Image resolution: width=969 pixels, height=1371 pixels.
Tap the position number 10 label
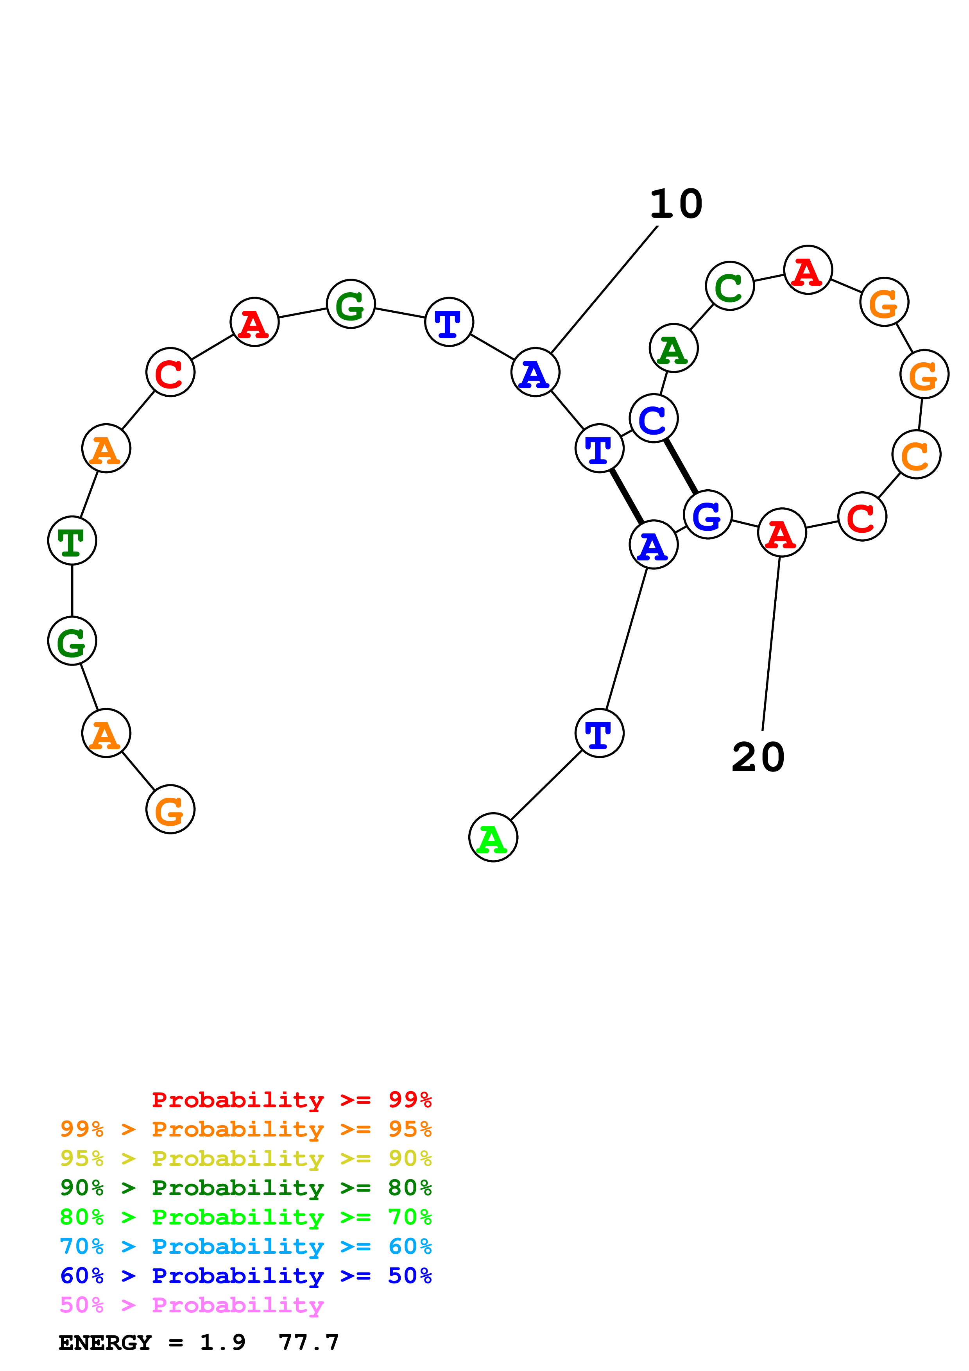[675, 204]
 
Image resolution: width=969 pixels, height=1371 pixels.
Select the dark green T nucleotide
[72, 541]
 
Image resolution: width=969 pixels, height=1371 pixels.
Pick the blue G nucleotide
[707, 515]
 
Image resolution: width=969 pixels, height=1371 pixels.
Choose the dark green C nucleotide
[730, 286]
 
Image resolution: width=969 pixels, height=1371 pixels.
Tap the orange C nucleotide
[916, 455]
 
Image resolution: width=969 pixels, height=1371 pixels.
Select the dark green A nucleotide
[673, 348]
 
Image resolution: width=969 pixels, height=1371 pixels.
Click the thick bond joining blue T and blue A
[626, 496]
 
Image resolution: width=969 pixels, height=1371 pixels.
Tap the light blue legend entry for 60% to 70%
[245, 1246]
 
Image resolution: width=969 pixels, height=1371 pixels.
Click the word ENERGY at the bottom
[105, 1342]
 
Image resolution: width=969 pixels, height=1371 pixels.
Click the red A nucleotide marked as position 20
[781, 533]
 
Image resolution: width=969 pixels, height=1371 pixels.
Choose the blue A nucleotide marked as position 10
[535, 372]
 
